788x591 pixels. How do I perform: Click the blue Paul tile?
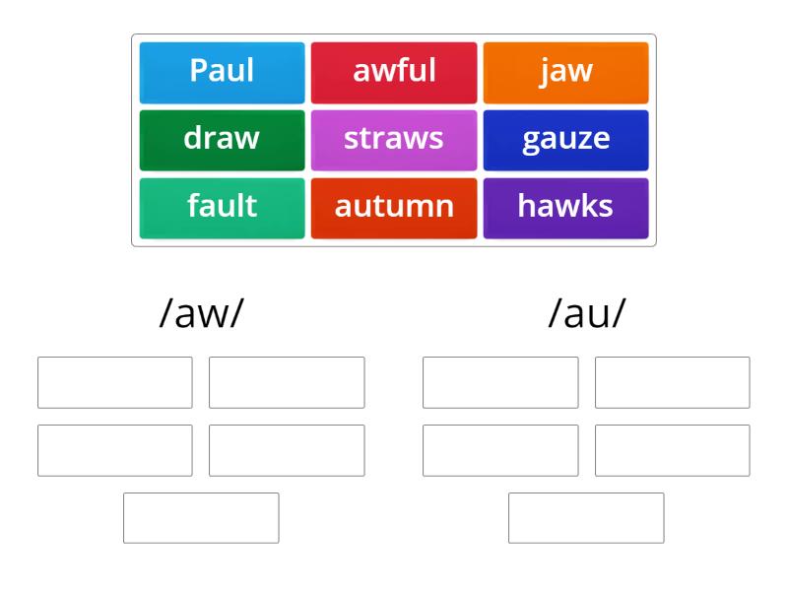(222, 72)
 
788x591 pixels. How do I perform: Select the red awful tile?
(394, 72)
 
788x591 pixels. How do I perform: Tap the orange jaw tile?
(565, 72)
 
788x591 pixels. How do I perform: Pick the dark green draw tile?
(222, 140)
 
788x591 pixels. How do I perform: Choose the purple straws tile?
(394, 140)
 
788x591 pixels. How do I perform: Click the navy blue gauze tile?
(565, 140)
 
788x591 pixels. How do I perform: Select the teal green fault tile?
(222, 207)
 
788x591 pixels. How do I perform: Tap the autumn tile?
(394, 207)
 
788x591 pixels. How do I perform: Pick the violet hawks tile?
(565, 207)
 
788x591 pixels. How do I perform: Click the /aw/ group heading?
(201, 314)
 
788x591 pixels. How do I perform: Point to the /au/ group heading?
(586, 314)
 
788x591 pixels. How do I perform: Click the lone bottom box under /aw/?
(201, 517)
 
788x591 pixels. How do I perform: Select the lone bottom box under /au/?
(586, 517)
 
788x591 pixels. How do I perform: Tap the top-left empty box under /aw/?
(115, 382)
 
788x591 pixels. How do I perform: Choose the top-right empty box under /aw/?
(287, 382)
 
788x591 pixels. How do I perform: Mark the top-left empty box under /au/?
(500, 382)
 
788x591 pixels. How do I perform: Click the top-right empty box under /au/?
(672, 382)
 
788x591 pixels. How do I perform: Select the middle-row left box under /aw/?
(115, 450)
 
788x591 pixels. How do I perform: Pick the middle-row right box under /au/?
(672, 450)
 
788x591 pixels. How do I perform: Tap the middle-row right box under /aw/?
(287, 450)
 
